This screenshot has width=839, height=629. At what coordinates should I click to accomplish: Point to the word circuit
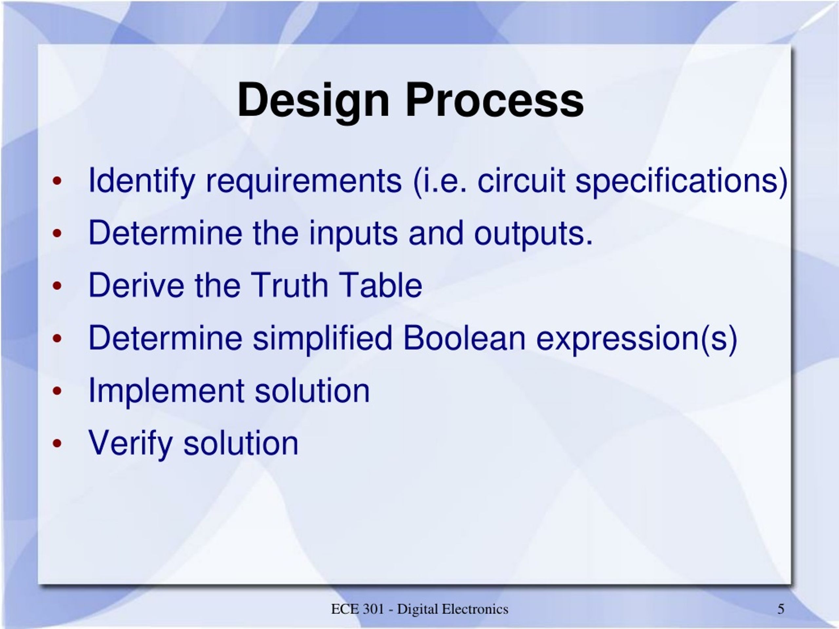[x=521, y=180]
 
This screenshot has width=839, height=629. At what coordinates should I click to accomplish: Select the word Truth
[x=289, y=285]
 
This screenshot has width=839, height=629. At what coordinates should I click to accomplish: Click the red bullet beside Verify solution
[x=57, y=443]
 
